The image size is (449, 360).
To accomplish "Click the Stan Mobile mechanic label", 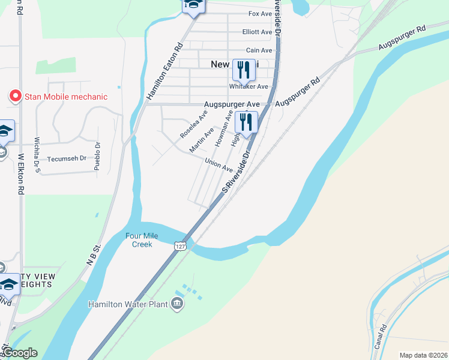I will point(66,97).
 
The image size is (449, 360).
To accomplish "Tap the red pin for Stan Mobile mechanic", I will point(15,96).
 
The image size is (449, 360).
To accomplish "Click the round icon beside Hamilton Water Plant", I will point(178,304).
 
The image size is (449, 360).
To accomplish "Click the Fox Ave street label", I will point(260,13).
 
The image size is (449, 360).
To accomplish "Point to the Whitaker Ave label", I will point(248,86).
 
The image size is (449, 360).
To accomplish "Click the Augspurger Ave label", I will point(226,104).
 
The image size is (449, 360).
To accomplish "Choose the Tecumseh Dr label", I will point(67,159).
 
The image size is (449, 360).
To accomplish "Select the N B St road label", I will point(91,257).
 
